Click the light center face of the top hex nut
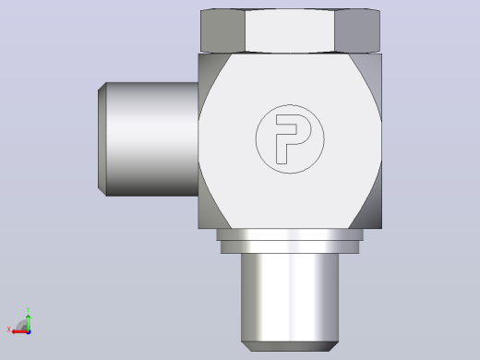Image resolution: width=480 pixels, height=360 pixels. [x=290, y=30]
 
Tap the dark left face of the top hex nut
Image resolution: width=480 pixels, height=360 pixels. [x=222, y=30]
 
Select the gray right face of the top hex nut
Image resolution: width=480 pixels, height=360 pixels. [x=357, y=30]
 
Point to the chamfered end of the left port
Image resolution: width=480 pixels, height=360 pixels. [x=102, y=139]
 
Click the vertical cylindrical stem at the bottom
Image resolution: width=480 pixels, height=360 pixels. [x=290, y=297]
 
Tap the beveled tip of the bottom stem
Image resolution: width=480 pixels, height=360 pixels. [x=290, y=346]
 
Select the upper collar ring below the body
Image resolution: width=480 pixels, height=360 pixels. [x=290, y=234]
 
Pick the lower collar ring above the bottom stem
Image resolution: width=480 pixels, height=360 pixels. [x=290, y=247]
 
